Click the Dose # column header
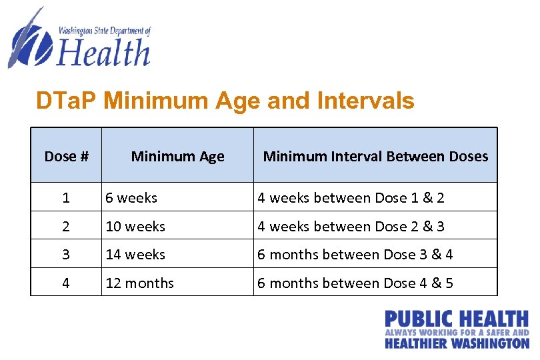[66, 157]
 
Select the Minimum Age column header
[177, 157]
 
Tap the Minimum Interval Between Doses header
[375, 157]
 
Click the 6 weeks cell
[131, 198]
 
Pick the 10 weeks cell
[135, 227]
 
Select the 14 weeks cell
[135, 255]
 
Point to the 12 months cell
[139, 283]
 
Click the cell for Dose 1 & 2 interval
[351, 198]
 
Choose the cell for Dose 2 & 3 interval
[351, 227]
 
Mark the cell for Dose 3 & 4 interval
[355, 255]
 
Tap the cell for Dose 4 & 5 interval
[355, 283]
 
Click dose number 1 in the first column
[66, 198]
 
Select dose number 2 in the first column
[66, 227]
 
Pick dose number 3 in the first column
[66, 255]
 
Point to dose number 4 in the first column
[66, 283]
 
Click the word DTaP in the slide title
[67, 101]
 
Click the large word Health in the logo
[103, 53]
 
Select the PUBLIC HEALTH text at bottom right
[457, 319]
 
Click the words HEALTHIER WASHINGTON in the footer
[457, 343]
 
